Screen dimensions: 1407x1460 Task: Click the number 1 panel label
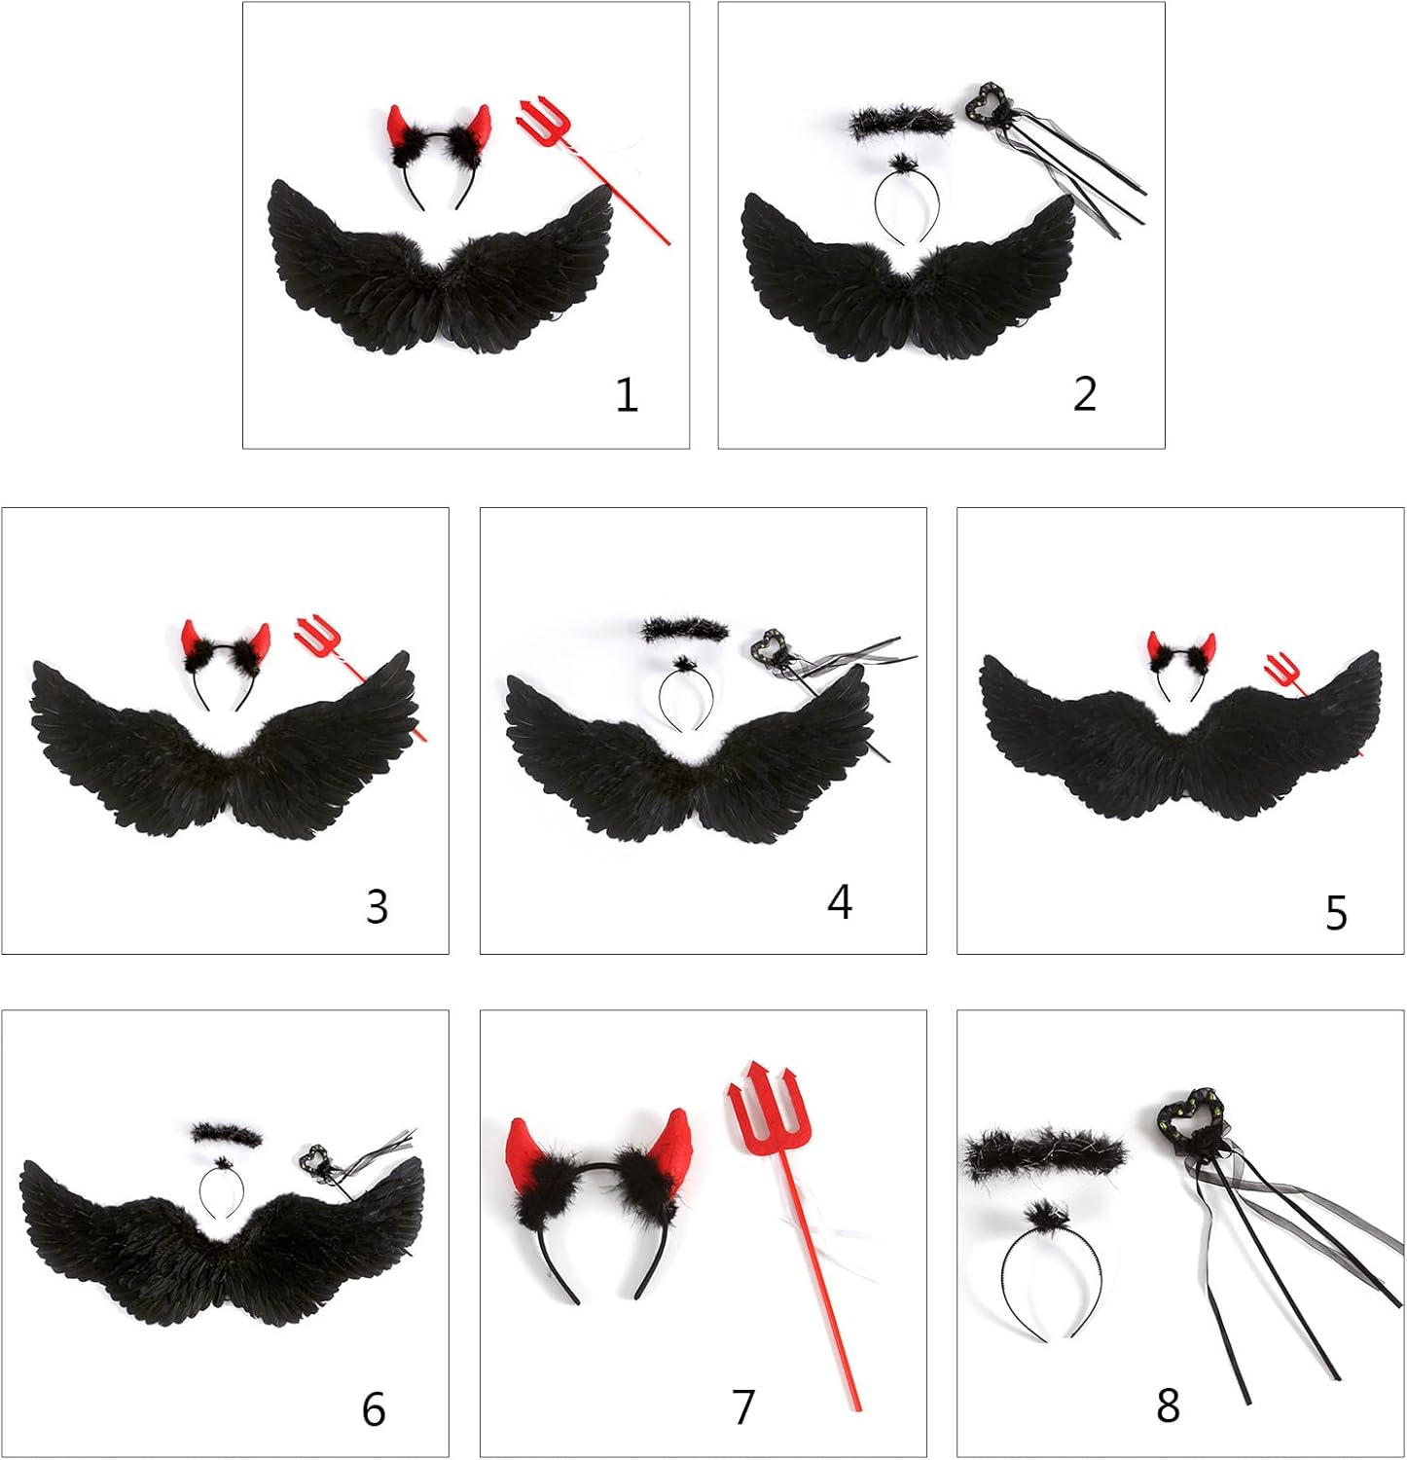coord(627,395)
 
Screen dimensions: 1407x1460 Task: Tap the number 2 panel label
coord(1085,393)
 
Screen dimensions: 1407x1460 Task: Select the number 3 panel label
coord(378,906)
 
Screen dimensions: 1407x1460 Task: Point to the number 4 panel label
coord(840,902)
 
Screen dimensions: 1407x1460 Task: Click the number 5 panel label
coord(1337,913)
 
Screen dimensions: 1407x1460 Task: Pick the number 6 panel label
coord(374,1408)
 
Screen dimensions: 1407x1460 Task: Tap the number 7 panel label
coord(743,1406)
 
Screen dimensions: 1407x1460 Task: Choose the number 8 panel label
coord(1169,1405)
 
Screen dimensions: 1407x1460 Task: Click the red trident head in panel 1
coord(541,125)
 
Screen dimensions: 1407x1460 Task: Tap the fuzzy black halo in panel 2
coord(902,123)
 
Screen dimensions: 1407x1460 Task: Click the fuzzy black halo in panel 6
coord(228,1134)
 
